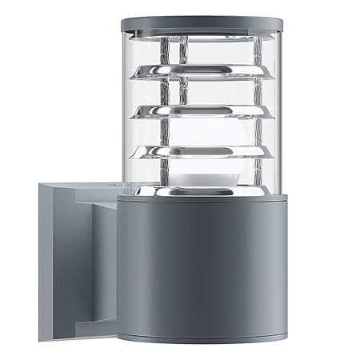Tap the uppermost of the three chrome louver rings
coord(201,73)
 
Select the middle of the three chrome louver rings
coord(201,110)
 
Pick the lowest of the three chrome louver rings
coord(201,150)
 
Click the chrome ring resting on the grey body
coord(201,191)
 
